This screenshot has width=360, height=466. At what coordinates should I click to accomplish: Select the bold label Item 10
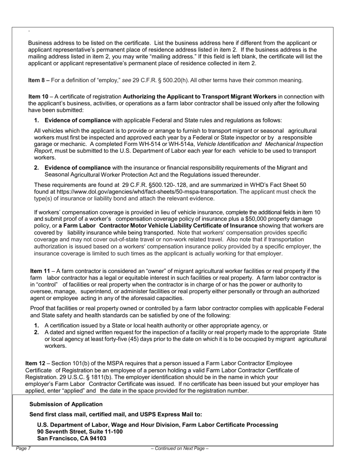(x=38, y=97)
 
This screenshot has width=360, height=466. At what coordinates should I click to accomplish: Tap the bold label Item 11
(x=40, y=271)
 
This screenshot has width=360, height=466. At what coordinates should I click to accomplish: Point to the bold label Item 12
(x=35, y=363)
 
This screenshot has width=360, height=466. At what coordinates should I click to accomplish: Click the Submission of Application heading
(x=66, y=404)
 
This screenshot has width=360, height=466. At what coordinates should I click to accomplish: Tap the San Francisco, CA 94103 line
(x=72, y=438)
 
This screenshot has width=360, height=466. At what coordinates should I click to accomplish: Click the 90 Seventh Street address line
(x=80, y=432)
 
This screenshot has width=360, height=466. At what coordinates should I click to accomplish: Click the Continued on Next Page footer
(x=180, y=449)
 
